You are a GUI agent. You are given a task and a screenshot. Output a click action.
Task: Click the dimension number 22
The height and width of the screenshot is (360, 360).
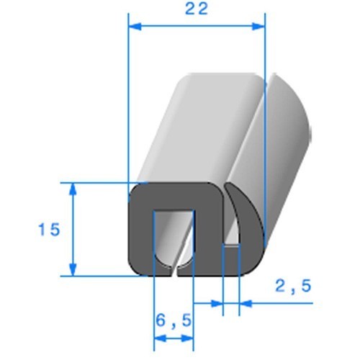(196, 9)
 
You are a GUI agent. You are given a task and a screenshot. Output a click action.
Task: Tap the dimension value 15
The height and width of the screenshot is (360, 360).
(49, 230)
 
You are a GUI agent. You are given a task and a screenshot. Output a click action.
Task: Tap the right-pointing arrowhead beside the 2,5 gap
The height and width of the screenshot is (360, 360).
(216, 304)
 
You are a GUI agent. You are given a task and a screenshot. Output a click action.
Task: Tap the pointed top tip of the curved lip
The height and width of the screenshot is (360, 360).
(229, 186)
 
